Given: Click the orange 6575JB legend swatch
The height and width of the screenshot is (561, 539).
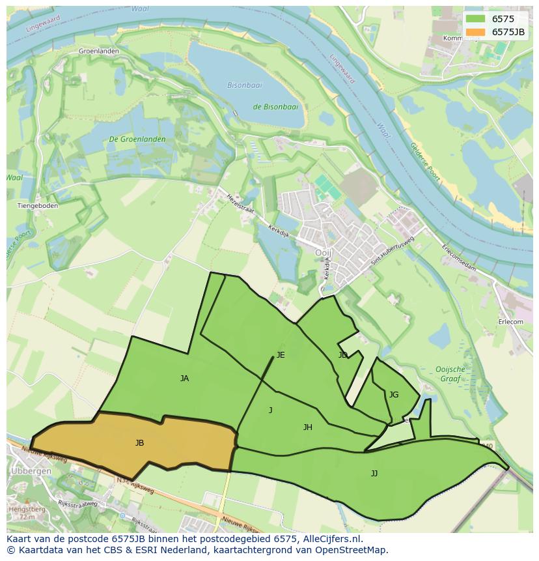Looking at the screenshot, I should coord(475,32).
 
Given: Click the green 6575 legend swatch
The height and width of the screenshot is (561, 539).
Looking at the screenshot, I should coord(475,19).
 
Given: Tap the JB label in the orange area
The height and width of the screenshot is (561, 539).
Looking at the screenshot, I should coord(139,443).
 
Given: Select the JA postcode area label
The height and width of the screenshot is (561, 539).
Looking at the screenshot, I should coord(184,378).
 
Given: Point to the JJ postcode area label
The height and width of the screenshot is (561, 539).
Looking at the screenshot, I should coord(374,474).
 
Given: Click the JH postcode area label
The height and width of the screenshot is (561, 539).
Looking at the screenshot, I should coord(307,427).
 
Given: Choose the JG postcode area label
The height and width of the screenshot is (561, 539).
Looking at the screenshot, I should coord(393,395).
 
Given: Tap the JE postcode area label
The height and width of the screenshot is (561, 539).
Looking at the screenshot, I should coord(280,355).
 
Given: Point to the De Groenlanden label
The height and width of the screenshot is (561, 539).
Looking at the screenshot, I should coord(137,139).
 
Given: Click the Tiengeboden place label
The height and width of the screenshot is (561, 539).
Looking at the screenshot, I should coord(37,206).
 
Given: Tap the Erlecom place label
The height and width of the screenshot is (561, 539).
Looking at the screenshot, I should coord(510,322).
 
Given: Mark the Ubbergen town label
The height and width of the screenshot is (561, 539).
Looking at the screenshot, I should coord(27,470).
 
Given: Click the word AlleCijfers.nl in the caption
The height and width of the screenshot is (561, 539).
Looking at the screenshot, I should coord(331,539).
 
